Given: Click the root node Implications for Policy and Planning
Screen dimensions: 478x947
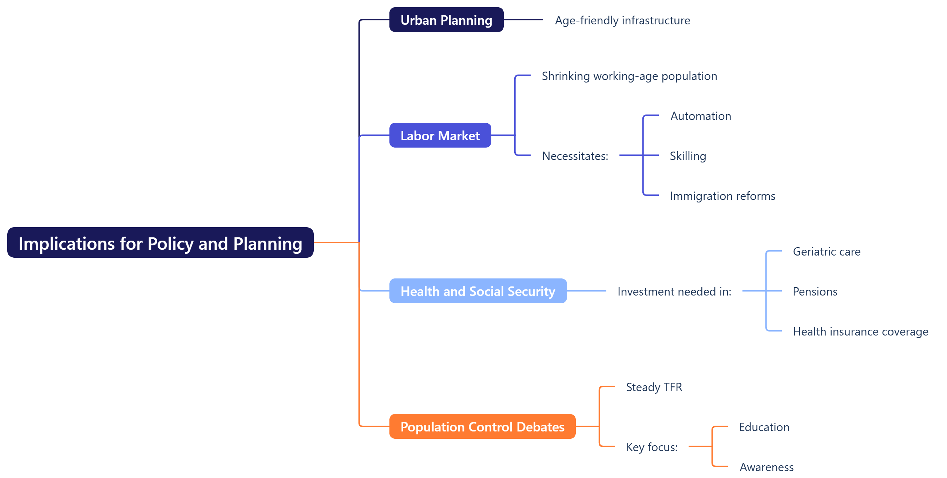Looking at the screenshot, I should click(160, 243).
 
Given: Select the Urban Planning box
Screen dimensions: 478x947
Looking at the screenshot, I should click(446, 20).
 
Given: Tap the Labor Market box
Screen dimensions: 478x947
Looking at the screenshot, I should click(440, 136).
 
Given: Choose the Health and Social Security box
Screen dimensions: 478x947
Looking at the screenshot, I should click(478, 291).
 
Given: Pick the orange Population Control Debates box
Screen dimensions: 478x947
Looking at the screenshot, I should click(482, 427).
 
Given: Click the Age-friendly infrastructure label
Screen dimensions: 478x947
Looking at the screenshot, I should click(622, 20).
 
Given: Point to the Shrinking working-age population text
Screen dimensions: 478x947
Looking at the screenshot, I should click(629, 76).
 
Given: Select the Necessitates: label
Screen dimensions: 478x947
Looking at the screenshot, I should click(575, 156).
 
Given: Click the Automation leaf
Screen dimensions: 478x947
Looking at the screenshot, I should click(700, 116).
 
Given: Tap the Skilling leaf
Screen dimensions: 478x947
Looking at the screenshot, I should click(688, 156).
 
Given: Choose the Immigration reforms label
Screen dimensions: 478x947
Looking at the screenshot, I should click(722, 196).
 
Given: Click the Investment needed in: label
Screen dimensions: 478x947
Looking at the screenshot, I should click(674, 291).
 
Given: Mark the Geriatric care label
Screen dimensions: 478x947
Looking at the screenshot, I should click(826, 252).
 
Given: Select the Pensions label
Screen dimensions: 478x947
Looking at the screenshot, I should click(815, 291).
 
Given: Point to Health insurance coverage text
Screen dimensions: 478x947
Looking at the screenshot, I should click(860, 331).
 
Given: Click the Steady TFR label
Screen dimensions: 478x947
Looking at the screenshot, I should click(654, 387).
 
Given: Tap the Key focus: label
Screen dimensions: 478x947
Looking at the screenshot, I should click(651, 447).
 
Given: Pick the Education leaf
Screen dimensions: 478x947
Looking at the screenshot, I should click(764, 427).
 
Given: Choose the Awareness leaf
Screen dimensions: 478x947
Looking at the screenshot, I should click(766, 467).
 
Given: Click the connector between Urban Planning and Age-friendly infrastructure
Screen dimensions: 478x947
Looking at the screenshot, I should click(523, 20).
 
